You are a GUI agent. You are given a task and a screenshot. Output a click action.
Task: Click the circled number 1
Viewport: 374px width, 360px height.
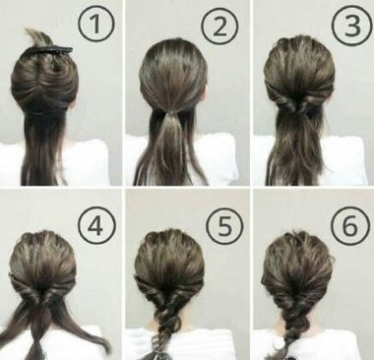click(96, 25)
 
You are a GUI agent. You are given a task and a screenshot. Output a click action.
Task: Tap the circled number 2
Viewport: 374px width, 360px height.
click(219, 27)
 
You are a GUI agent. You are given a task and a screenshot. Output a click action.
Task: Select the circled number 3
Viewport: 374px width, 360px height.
click(351, 26)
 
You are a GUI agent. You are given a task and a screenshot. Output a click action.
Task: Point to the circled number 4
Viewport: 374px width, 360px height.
click(96, 225)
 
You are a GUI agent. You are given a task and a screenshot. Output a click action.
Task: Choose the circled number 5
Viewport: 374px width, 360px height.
click(224, 226)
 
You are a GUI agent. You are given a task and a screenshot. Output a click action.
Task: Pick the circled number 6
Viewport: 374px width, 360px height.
click(350, 225)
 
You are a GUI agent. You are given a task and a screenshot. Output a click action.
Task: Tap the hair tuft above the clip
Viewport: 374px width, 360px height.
click(38, 36)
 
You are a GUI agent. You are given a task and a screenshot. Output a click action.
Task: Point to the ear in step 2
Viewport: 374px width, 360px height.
click(205, 94)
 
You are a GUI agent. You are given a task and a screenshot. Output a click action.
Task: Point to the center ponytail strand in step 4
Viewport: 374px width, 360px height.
click(38, 331)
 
